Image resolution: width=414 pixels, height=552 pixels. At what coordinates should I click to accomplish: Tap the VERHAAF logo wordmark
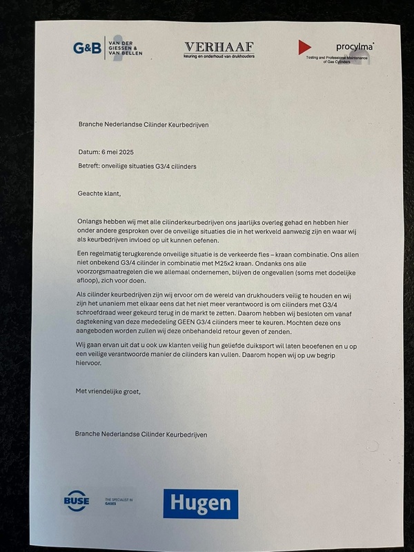pos(219,46)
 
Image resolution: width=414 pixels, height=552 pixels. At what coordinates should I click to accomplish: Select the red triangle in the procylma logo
pos(304,47)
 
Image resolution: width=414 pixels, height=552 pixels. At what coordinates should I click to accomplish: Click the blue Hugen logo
pos(200,503)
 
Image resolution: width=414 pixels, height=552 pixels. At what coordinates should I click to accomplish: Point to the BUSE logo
pos(76,501)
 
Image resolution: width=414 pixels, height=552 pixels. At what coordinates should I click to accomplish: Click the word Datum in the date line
pos(90,151)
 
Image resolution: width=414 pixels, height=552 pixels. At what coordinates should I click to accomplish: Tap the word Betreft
pos(91,166)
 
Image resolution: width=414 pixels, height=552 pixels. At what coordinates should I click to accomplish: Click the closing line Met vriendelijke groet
pos(108,391)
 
